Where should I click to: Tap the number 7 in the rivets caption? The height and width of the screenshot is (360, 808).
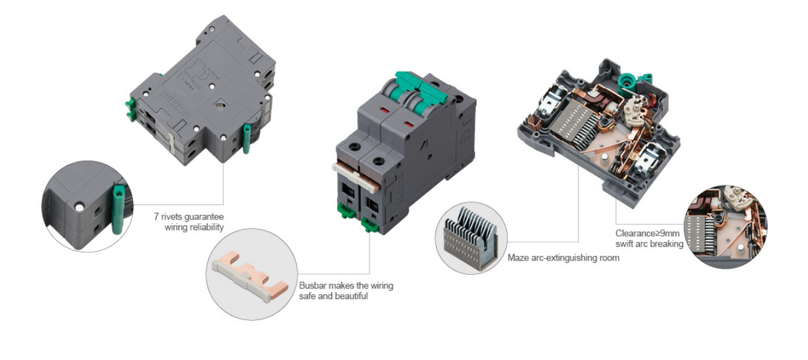[156, 217]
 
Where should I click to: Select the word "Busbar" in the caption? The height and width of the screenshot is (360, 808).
[312, 285]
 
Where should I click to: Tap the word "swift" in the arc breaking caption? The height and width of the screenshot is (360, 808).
[626, 244]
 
